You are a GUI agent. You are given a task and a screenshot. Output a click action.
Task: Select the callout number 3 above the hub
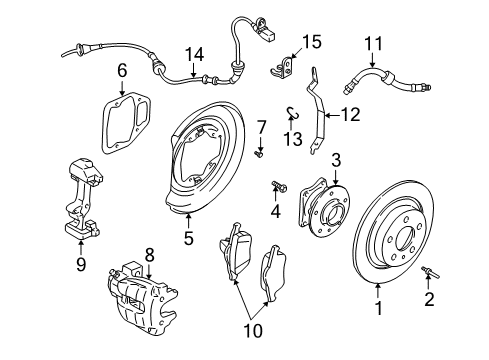336,159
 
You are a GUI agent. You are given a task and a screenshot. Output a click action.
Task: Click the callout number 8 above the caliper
149,256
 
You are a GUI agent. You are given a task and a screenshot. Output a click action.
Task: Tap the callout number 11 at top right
373,43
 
